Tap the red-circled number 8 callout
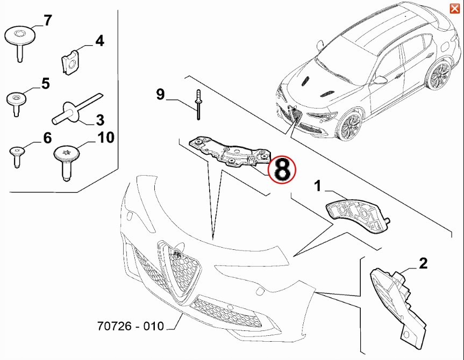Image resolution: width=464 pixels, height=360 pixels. coord(282,169)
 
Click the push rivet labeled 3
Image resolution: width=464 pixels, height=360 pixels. coord(77,109)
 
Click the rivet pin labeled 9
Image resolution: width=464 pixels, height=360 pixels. coord(198,104)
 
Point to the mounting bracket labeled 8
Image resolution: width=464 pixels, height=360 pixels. coord(230,152)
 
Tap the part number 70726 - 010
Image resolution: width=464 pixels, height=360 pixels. coord(131,326)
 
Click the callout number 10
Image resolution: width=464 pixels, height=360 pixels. coord(105,138)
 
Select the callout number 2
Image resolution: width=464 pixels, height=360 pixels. coord(423,263)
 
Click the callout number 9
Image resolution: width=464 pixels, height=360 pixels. coord(160,95)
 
